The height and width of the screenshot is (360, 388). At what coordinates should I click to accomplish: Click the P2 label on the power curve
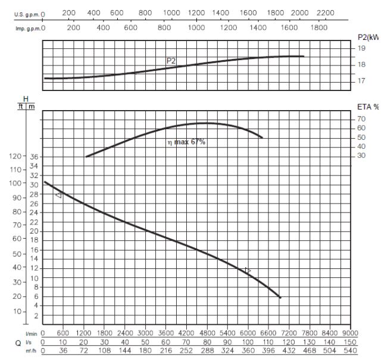pyautogui.click(x=171, y=60)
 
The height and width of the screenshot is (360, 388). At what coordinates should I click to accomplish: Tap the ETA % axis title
pyautogui.click(x=368, y=107)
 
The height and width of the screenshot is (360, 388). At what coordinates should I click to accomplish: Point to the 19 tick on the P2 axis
pyautogui.click(x=361, y=48)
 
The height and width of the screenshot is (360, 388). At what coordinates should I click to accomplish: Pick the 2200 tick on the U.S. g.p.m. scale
pyautogui.click(x=326, y=12)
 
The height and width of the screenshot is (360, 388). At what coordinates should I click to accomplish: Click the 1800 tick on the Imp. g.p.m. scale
pyautogui.click(x=320, y=27)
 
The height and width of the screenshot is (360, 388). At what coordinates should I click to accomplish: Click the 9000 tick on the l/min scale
pyautogui.click(x=351, y=334)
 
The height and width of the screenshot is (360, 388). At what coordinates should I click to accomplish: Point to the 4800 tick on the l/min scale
pyautogui.click(x=207, y=334)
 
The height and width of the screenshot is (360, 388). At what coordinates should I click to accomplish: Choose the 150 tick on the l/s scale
pyautogui.click(x=351, y=343)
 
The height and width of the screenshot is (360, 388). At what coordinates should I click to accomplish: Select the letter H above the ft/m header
pyautogui.click(x=25, y=98)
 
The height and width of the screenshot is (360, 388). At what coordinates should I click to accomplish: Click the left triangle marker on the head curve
pyautogui.click(x=58, y=195)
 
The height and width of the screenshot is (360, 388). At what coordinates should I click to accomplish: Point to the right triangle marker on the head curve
pyautogui.click(x=248, y=270)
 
